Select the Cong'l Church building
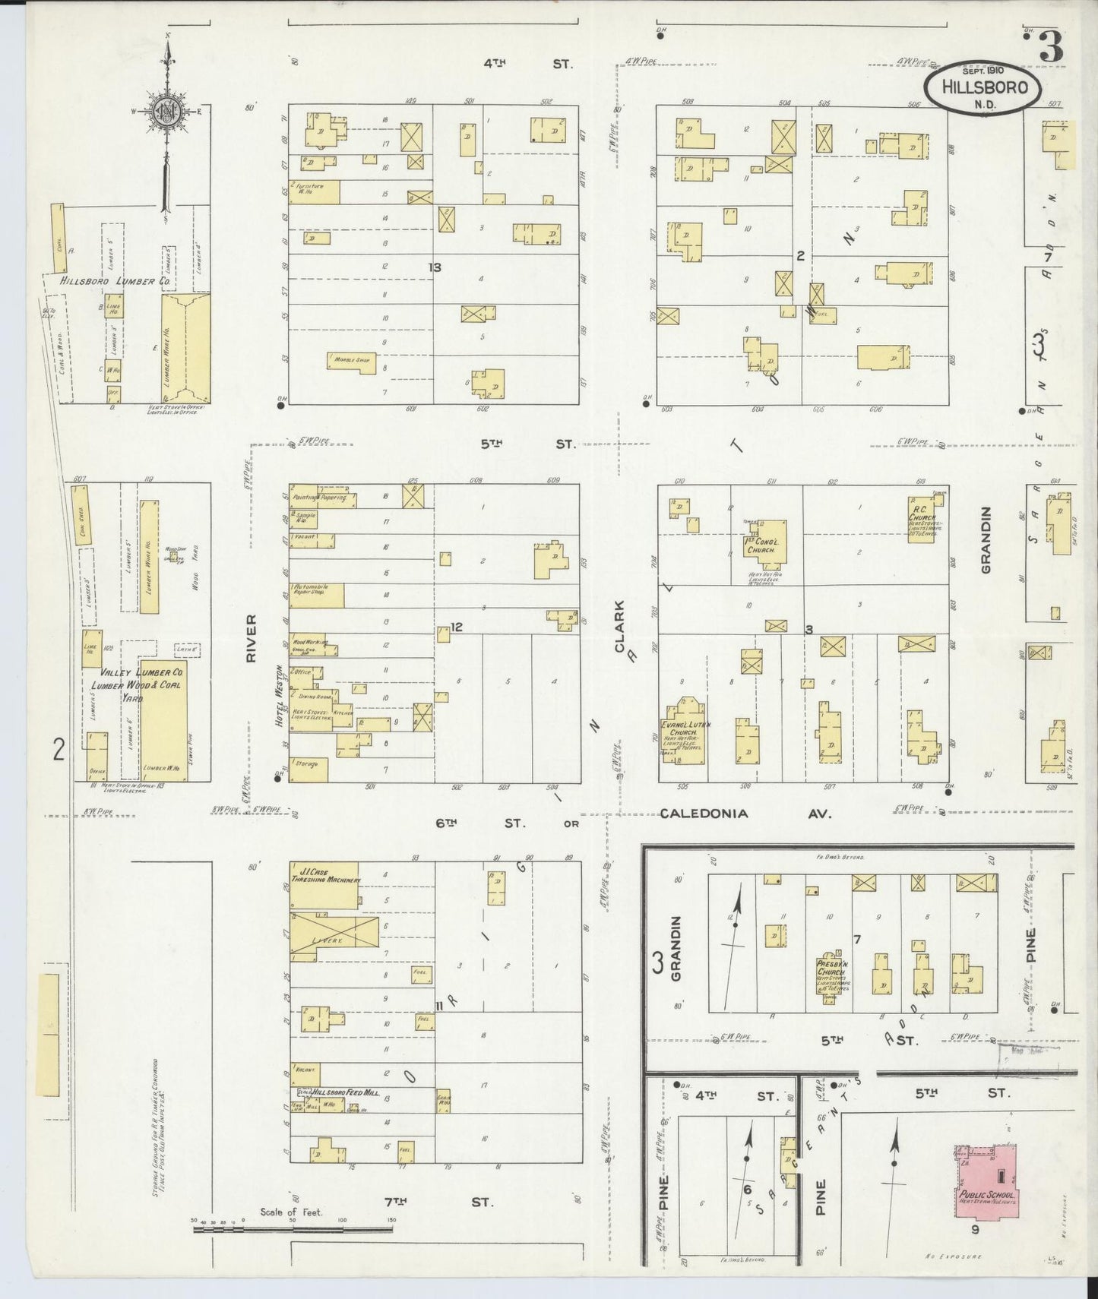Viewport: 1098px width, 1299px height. point(764,545)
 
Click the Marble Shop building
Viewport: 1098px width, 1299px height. point(352,360)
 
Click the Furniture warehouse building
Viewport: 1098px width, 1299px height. point(314,191)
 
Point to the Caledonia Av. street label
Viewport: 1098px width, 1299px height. point(745,814)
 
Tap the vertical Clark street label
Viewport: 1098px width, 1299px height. point(619,627)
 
